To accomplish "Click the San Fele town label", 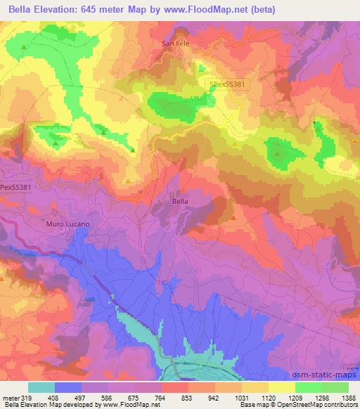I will pos(176,44).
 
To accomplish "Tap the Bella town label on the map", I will pos(180,201).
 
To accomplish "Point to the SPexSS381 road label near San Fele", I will pos(227,84).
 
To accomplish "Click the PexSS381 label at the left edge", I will pos(15,188).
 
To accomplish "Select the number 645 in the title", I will pos(90,9).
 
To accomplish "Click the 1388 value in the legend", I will pos(348,397).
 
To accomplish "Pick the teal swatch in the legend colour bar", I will pos(41,387).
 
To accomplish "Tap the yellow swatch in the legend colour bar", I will pos(281,387).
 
